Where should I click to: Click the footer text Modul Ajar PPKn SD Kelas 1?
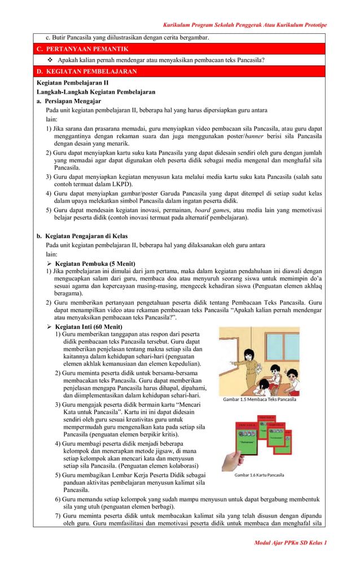click(291, 542)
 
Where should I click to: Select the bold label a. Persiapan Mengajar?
click(69, 101)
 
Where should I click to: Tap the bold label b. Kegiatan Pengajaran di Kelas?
click(82, 236)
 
